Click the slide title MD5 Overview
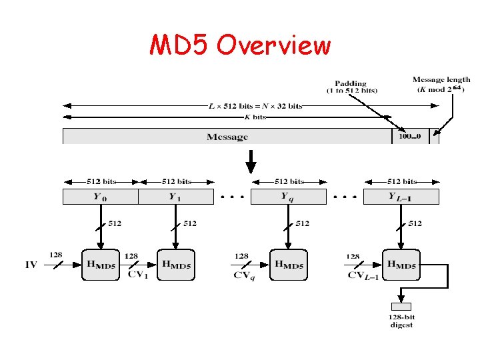(x=240, y=45)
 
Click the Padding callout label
(x=351, y=87)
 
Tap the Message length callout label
(x=441, y=85)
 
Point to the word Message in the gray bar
(x=227, y=137)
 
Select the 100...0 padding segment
(x=410, y=137)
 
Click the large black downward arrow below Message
(x=251, y=161)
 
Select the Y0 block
(x=100, y=197)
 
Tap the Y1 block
(x=175, y=197)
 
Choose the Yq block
(x=288, y=197)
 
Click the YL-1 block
(x=401, y=197)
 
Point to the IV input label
(x=31, y=265)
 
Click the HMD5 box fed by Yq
(x=289, y=265)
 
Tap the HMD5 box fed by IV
(x=101, y=265)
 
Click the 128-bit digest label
(x=401, y=321)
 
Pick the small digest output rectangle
(x=401, y=307)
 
